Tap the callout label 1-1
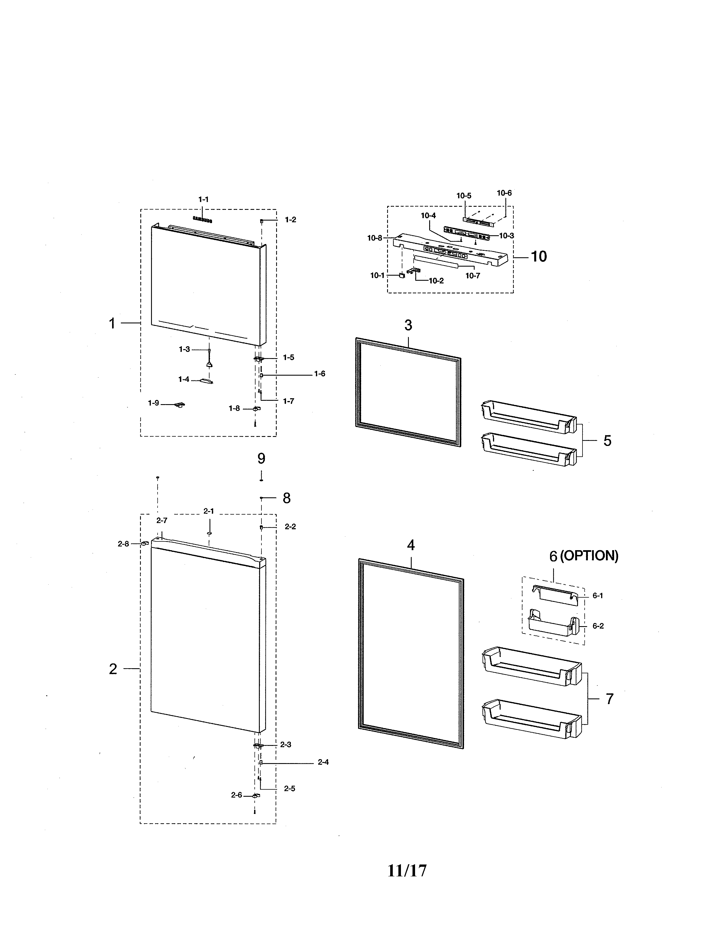204,199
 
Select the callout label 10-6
504,193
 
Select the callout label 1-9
154,403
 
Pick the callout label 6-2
598,626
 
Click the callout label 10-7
473,276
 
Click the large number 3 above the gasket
408,325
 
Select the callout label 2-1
209,511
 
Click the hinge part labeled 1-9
180,404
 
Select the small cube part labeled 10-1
402,276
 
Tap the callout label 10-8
375,238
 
